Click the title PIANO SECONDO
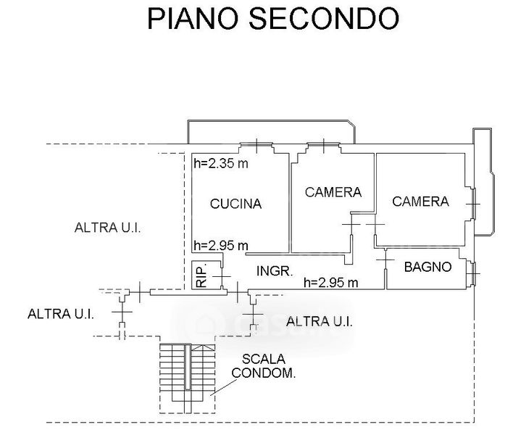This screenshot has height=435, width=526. click(x=273, y=18)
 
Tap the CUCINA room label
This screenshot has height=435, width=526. click(x=235, y=204)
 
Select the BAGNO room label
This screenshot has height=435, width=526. click(x=427, y=267)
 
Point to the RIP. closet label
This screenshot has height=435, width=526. click(x=200, y=276)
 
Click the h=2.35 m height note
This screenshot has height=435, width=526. click(x=221, y=164)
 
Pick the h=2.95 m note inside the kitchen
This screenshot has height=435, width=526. click(x=221, y=244)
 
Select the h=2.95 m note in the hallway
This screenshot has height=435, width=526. click(x=331, y=282)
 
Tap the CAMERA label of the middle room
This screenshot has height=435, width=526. click(x=333, y=192)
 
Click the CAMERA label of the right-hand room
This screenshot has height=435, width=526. click(x=421, y=201)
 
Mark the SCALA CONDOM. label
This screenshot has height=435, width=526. click(x=264, y=366)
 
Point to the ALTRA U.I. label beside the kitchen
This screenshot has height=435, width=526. click(x=107, y=228)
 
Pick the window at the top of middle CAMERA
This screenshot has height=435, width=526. click(x=322, y=144)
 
